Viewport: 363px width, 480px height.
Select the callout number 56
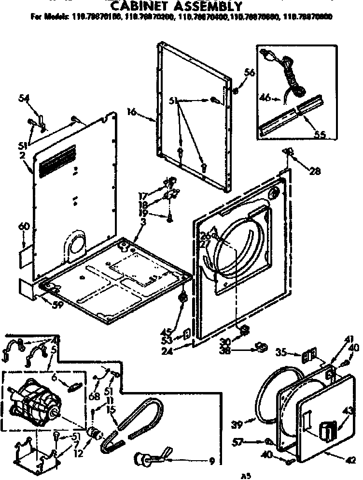(249, 73)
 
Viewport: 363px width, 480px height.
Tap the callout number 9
(211, 460)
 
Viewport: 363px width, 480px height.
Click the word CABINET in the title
(142, 6)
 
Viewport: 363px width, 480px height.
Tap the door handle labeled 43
(328, 428)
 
